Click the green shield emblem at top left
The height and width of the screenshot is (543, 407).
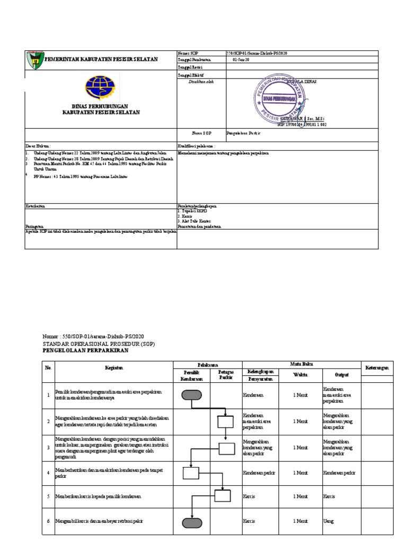pos(33,59)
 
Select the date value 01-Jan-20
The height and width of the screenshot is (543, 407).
pos(240,60)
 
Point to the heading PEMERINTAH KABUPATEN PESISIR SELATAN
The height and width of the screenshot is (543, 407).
pos(101,59)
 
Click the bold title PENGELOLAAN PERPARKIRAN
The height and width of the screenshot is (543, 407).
pos(85,351)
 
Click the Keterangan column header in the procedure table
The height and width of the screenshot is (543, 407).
pos(377,367)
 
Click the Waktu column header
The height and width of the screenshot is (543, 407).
pos(301,375)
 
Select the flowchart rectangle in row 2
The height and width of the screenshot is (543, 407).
pos(225,421)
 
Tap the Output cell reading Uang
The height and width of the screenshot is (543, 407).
pos(329,522)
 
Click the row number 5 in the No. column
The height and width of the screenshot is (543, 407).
pos(48,497)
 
